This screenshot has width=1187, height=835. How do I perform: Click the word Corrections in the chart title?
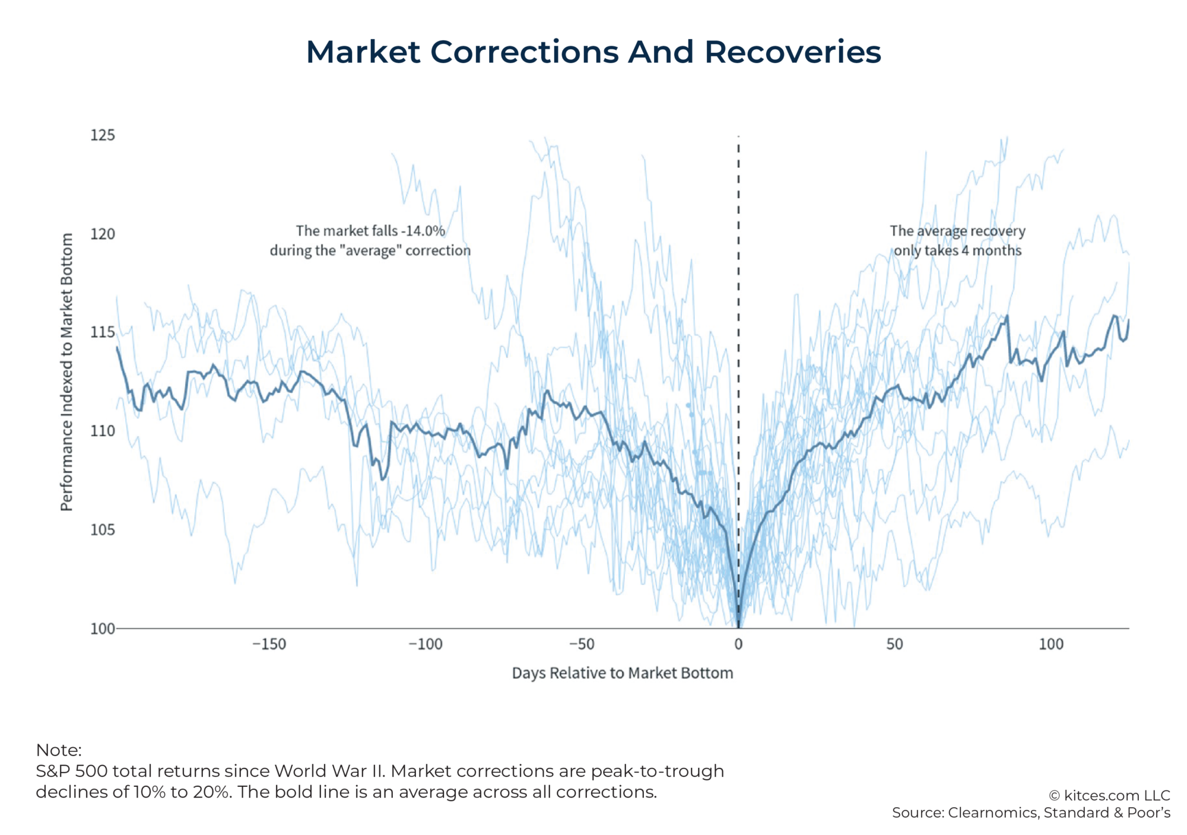(524, 52)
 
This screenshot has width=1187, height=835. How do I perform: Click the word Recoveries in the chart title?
(792, 52)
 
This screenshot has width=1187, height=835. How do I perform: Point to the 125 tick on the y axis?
(103, 135)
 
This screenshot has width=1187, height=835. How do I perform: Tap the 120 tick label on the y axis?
(103, 234)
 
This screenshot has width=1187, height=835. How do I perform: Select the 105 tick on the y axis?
(103, 529)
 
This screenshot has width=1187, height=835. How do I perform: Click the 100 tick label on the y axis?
(103, 628)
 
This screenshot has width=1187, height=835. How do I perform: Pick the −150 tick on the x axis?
(269, 644)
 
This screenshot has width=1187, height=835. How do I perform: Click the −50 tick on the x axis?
(582, 644)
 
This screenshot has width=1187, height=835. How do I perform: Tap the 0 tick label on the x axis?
(738, 644)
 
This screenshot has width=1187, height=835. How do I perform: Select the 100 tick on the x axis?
(1051, 644)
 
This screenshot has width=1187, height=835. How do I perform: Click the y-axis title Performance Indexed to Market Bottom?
(66, 372)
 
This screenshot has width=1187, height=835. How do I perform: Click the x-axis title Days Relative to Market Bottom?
(623, 673)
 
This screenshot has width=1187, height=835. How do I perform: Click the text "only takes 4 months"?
(957, 250)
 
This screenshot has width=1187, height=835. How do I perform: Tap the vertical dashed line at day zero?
(738, 297)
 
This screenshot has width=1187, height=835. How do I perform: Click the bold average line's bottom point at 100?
(738, 626)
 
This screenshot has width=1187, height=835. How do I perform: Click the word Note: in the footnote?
(59, 750)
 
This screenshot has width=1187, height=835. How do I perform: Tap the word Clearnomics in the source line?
(993, 813)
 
